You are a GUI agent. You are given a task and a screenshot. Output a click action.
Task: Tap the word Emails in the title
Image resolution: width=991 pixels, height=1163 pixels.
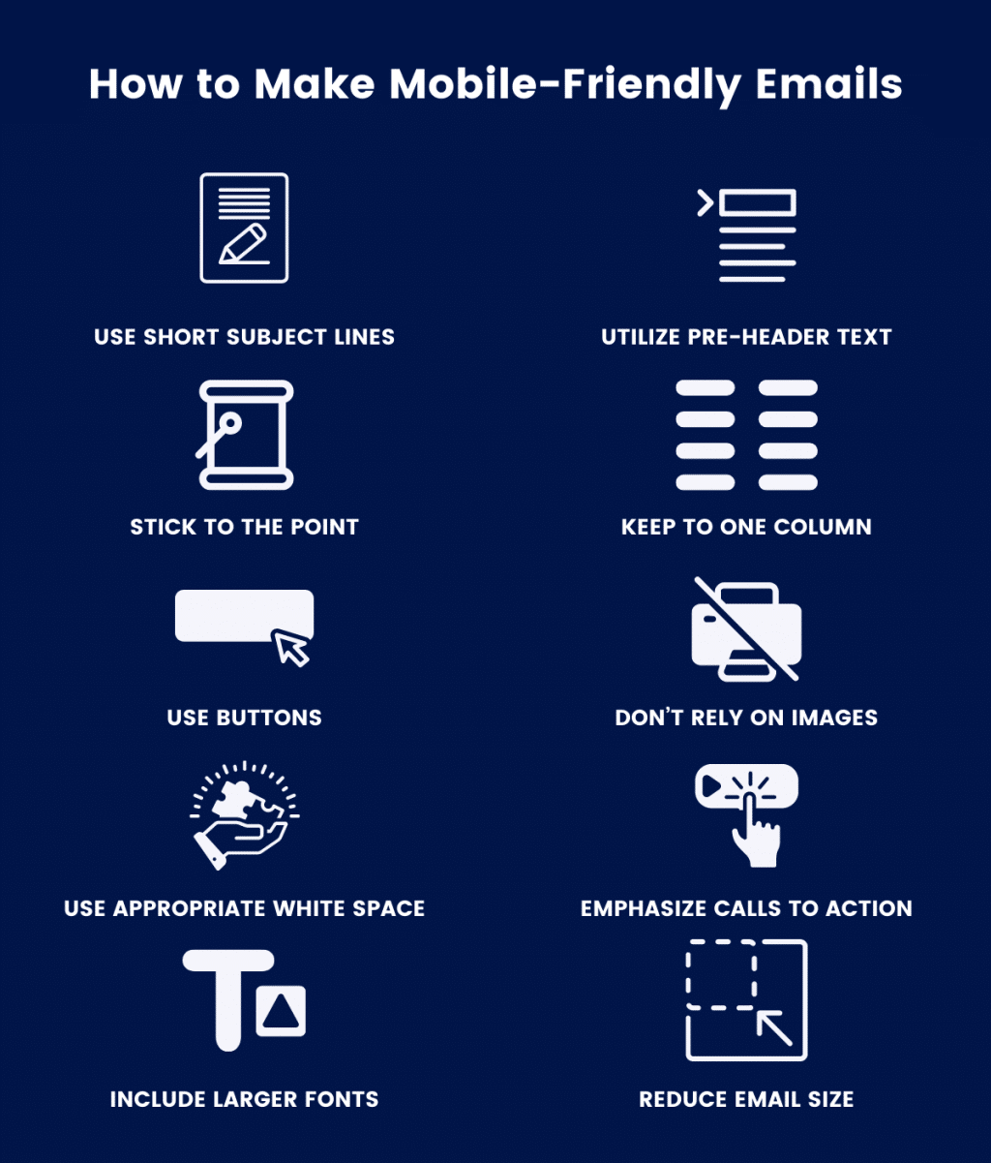point(828,83)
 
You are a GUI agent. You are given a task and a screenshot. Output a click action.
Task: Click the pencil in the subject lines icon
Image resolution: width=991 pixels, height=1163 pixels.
point(243,244)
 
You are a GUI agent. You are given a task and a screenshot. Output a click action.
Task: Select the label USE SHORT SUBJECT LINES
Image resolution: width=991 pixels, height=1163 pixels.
point(244,336)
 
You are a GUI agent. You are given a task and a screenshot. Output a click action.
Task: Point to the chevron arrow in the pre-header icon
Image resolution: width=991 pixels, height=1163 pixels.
point(706,202)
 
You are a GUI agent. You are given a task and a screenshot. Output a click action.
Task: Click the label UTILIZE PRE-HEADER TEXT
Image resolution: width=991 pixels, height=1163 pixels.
point(746,336)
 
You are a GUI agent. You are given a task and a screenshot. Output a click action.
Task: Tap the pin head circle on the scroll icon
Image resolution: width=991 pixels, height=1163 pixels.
point(230,422)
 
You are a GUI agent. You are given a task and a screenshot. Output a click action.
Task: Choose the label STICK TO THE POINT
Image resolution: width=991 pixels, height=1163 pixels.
point(244,527)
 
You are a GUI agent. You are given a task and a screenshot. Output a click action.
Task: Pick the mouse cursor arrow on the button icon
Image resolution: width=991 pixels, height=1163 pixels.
point(292,648)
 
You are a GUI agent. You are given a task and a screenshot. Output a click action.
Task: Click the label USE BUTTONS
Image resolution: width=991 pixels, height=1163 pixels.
point(244,718)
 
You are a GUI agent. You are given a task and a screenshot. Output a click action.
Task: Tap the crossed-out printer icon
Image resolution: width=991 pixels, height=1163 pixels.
point(746,629)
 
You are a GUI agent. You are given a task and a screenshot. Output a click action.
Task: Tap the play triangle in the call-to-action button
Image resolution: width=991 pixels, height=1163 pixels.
point(711,786)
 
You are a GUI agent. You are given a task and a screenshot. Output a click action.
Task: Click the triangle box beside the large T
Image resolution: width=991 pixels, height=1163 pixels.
point(281,1011)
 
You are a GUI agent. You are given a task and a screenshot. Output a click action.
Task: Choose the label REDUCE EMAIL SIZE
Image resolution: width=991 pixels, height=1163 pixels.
point(746,1099)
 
